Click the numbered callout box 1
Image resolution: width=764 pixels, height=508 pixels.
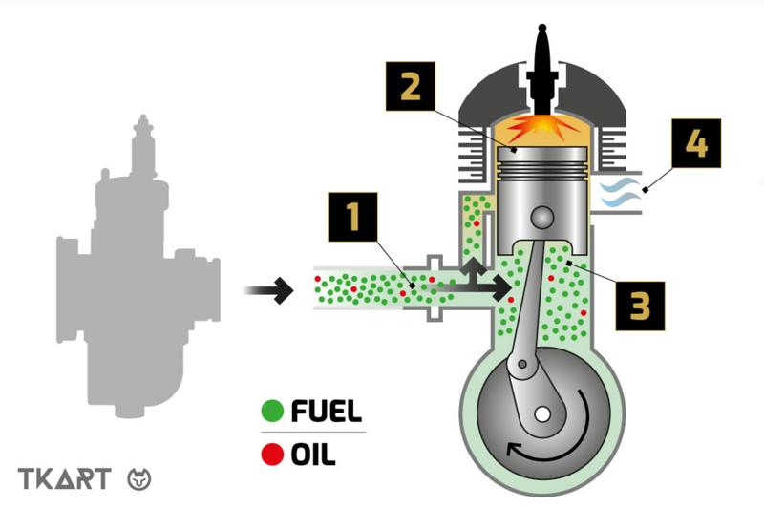pyautogui.click(x=352, y=217)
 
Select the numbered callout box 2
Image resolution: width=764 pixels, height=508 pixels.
pyautogui.click(x=411, y=86)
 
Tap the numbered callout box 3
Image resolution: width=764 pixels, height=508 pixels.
pyautogui.click(x=640, y=306)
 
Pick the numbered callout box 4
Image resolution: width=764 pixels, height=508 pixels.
pyautogui.click(x=696, y=143)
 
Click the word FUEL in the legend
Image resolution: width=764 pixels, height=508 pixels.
pyautogui.click(x=327, y=411)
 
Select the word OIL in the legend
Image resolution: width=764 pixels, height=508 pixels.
pyautogui.click(x=313, y=455)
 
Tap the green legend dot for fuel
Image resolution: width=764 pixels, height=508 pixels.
pyautogui.click(x=272, y=411)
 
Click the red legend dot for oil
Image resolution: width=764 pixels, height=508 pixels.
pyautogui.click(x=272, y=455)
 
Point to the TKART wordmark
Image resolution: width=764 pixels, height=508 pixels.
pyautogui.click(x=65, y=478)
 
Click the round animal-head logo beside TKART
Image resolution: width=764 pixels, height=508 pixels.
pyautogui.click(x=139, y=478)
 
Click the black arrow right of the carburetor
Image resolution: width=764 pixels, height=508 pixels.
pyautogui.click(x=268, y=290)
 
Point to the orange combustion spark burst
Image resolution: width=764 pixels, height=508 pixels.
pyautogui.click(x=541, y=128)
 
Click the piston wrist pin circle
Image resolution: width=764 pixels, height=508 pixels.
pyautogui.click(x=541, y=218)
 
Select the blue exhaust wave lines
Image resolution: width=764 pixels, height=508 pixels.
pyautogui.click(x=619, y=193)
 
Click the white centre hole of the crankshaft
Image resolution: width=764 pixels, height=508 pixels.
pyautogui.click(x=541, y=415)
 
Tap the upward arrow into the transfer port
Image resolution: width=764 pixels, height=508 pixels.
pyautogui.click(x=473, y=272)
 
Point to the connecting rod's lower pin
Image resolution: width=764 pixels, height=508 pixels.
pyautogui.click(x=522, y=364)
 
